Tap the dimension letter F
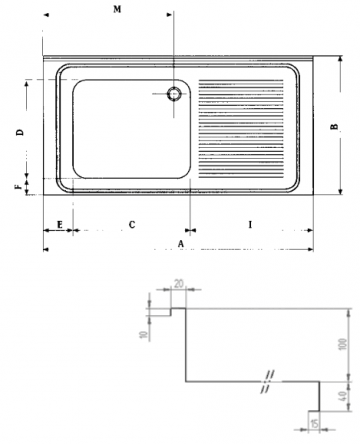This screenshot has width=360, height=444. click(17, 185)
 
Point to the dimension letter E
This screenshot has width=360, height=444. click(60, 224)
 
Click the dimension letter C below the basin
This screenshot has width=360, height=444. click(132, 224)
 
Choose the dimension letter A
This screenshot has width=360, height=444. click(181, 242)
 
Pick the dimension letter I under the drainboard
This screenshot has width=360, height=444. click(250, 224)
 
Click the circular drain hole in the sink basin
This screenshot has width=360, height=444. click(174, 94)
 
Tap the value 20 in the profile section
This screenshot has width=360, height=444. click(179, 284)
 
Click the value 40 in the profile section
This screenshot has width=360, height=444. click(342, 394)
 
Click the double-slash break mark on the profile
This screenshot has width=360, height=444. click(267, 381)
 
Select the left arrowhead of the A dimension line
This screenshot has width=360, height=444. click(46, 248)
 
